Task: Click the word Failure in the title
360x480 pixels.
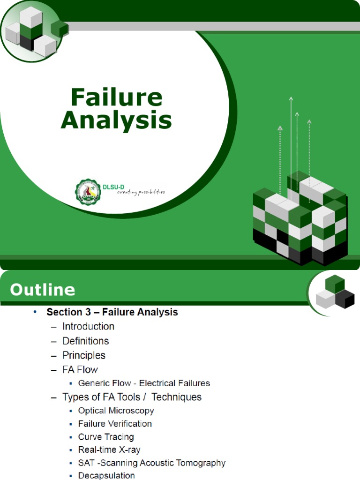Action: pyautogui.click(x=116, y=97)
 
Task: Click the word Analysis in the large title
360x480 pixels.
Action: pyautogui.click(x=116, y=120)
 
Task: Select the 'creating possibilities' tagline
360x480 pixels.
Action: pyautogui.click(x=141, y=192)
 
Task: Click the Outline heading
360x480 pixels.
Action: pyautogui.click(x=43, y=290)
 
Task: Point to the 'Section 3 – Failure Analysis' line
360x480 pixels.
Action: pyautogui.click(x=112, y=312)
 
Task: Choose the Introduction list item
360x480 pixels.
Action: pyautogui.click(x=88, y=326)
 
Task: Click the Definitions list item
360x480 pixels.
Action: pyautogui.click(x=85, y=341)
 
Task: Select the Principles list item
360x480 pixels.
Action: pyautogui.click(x=84, y=355)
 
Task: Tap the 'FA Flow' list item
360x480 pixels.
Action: pyautogui.click(x=80, y=369)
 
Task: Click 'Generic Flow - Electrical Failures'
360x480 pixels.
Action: pyautogui.click(x=144, y=383)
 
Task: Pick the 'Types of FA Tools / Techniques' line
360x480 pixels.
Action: pyautogui.click(x=132, y=397)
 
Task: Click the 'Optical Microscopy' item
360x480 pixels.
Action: pyautogui.click(x=116, y=411)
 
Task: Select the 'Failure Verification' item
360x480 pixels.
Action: pyautogui.click(x=115, y=424)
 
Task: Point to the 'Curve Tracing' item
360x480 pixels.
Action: pyautogui.click(x=106, y=437)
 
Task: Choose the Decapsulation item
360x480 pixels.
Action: pyautogui.click(x=106, y=475)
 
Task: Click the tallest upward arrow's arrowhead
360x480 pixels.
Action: pyautogui.click(x=291, y=99)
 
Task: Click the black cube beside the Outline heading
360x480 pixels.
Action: pyautogui.click(x=345, y=299)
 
